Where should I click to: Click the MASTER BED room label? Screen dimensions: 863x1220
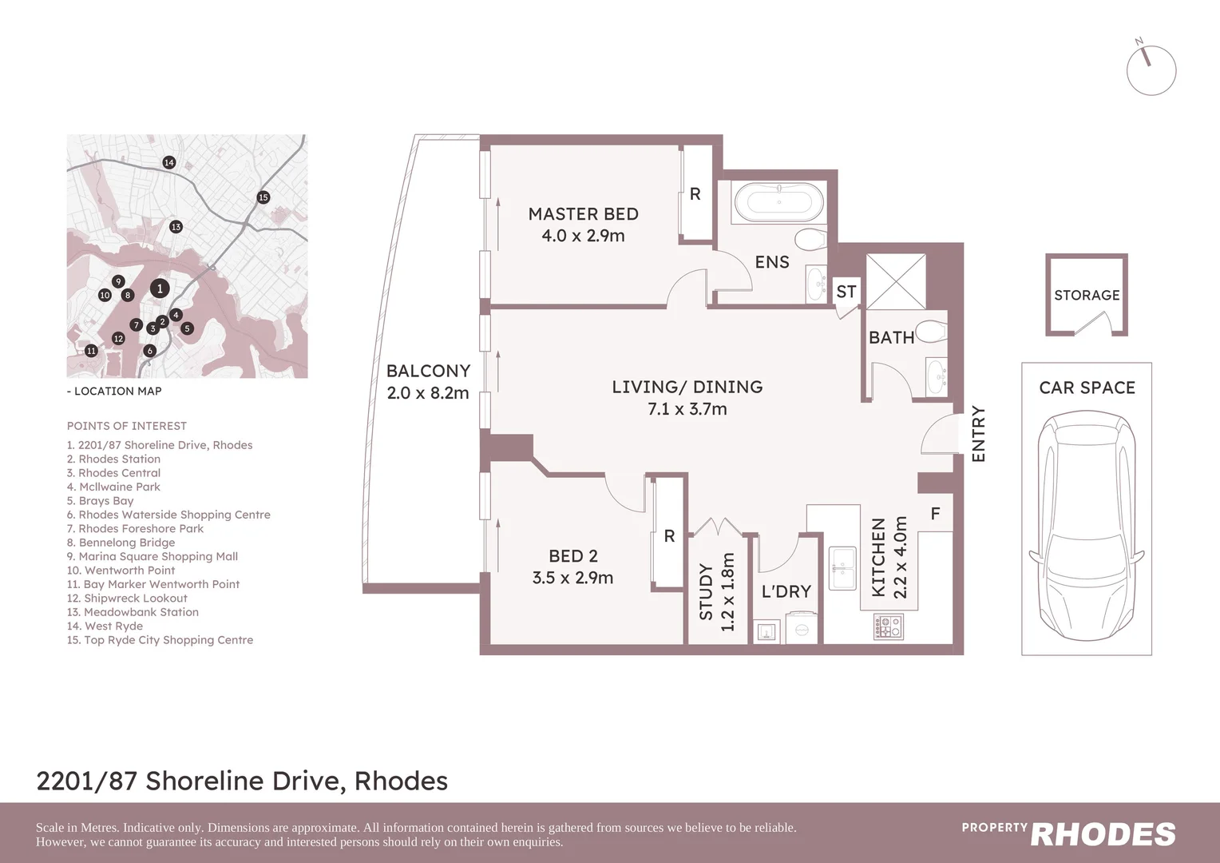583,214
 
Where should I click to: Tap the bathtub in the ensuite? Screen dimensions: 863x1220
778,204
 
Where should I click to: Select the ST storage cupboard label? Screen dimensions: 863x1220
846,292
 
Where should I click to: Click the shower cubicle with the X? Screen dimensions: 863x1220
896,281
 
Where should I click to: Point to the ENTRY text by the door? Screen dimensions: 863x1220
978,434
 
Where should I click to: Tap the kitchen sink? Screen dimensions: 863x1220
842,567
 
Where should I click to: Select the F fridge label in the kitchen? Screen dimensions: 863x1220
935,514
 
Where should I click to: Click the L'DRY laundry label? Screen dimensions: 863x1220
786,591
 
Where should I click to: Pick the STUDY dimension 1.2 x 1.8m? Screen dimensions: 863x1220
727,592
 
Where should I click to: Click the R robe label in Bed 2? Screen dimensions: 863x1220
669,536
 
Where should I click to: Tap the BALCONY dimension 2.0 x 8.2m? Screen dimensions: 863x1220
428,393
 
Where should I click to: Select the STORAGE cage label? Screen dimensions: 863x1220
1087,295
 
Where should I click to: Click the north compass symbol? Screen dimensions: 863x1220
1151,70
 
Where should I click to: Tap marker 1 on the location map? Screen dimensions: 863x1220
160,288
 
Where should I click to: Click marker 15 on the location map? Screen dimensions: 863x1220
263,197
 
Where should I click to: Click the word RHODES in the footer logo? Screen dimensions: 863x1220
1103,835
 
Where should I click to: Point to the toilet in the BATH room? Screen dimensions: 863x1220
931,331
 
